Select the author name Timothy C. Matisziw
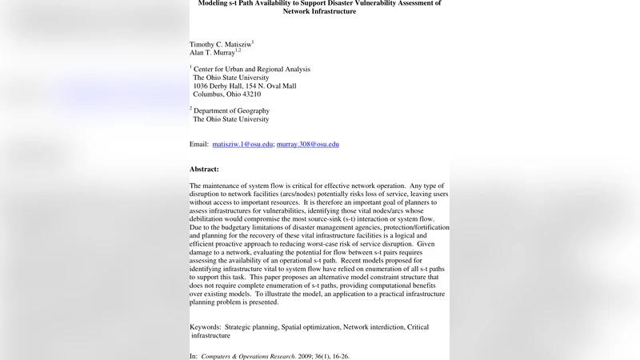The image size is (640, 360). (x=220, y=43)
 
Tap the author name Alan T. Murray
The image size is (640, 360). (x=212, y=52)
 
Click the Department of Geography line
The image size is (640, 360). (x=231, y=110)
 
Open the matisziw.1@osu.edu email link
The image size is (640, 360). (x=242, y=145)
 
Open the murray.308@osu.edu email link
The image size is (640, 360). (x=308, y=145)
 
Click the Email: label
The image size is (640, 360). (x=199, y=145)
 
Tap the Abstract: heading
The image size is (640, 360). (x=204, y=170)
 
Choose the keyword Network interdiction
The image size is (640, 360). (x=374, y=327)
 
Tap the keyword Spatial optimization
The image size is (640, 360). (x=310, y=327)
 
